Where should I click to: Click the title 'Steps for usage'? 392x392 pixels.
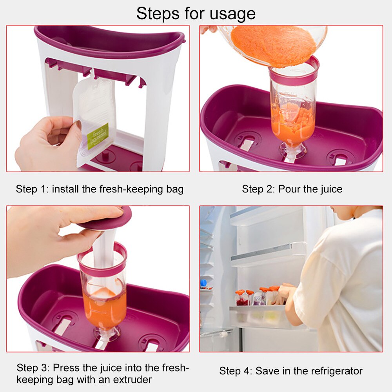196,13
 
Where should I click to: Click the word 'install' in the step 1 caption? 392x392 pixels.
66,189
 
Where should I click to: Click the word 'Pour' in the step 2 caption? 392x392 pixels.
289,189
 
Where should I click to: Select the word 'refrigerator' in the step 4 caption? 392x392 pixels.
334,371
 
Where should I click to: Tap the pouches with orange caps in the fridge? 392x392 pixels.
259,296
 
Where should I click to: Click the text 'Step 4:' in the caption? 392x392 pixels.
236,371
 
